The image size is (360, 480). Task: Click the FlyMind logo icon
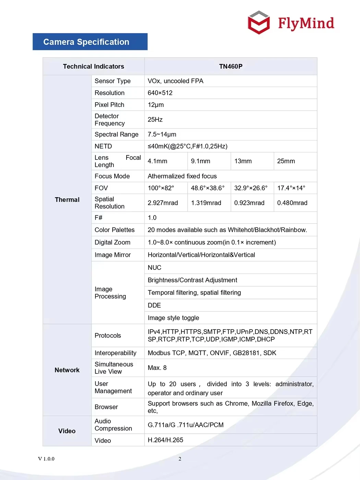click(259, 23)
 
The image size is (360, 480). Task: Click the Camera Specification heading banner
click(90, 42)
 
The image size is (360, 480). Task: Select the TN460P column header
click(231, 66)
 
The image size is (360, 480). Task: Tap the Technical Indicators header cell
click(93, 66)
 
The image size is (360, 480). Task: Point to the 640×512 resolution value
click(160, 93)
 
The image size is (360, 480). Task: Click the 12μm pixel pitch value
click(156, 105)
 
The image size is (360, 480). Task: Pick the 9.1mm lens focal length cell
click(201, 161)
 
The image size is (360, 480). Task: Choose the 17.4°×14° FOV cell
click(291, 188)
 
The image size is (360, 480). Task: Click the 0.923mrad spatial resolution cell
click(249, 203)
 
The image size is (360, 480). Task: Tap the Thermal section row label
click(67, 200)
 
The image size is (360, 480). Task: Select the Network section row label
click(67, 370)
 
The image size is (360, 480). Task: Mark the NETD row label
click(103, 146)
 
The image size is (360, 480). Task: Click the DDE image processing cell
click(154, 305)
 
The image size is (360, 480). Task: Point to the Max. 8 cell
click(157, 368)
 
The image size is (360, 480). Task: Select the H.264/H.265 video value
click(166, 440)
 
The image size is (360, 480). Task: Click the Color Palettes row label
click(115, 230)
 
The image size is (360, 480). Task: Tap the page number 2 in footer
click(180, 459)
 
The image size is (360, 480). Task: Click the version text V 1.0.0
click(46, 459)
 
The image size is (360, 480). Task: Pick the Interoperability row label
click(116, 353)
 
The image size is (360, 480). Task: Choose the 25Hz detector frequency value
click(155, 120)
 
